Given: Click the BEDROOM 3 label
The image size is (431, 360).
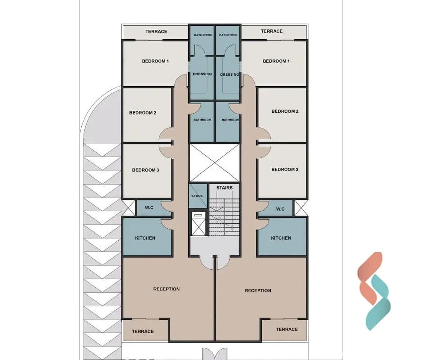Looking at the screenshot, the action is pyautogui.click(x=145, y=170).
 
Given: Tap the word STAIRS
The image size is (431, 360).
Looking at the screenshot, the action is pyautogui.click(x=224, y=188).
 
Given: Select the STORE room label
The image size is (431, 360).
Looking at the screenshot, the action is pyautogui.click(x=197, y=196).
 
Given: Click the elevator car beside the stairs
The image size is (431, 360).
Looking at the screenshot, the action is pyautogui.click(x=198, y=223).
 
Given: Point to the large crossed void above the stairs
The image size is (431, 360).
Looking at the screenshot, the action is pyautogui.click(x=214, y=163).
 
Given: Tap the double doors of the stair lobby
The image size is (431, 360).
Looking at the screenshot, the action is pyautogui.click(x=214, y=263).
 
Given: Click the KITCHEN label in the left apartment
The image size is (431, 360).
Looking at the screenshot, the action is pyautogui.click(x=145, y=238).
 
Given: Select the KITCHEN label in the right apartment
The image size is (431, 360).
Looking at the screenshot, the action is pyautogui.click(x=281, y=238).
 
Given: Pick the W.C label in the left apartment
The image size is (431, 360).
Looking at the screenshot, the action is pyautogui.click(x=149, y=208).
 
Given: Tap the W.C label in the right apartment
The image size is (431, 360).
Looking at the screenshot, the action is pyautogui.click(x=280, y=209).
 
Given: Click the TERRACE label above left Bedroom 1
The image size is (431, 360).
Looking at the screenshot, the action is pyautogui.click(x=157, y=32).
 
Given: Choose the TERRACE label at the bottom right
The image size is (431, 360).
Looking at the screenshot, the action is pyautogui.click(x=287, y=329).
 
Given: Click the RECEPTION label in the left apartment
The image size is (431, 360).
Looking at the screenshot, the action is pyautogui.click(x=167, y=289).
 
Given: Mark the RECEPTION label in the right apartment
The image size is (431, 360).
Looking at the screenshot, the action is pyautogui.click(x=258, y=291).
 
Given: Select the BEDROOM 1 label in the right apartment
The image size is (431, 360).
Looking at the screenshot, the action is pyautogui.click(x=276, y=61).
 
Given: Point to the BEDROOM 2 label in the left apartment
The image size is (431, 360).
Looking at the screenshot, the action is pyautogui.click(x=143, y=113).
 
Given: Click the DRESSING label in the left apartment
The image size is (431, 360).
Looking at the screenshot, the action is pyautogui.click(x=202, y=74).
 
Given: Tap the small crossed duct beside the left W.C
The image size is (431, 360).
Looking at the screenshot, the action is pyautogui.click(x=128, y=208).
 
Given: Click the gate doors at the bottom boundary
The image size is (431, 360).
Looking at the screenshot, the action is pyautogui.click(x=215, y=354).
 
